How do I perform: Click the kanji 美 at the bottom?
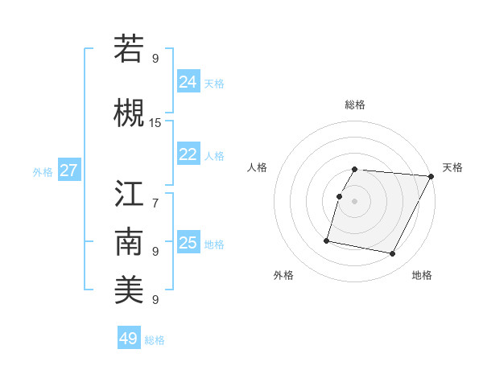[129, 290]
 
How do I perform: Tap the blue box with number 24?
[188, 82]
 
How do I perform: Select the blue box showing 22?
[188, 154]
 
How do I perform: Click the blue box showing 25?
[188, 243]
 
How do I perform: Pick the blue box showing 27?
[69, 171]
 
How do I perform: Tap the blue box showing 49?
[129, 339]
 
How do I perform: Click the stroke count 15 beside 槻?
[155, 122]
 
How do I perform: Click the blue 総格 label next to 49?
[155, 340]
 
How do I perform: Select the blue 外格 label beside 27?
[43, 171]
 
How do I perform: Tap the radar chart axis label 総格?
[355, 105]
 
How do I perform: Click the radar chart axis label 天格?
[452, 167]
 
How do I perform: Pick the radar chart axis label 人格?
[258, 167]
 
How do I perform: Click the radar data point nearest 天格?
[431, 176]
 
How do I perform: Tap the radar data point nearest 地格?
[392, 254]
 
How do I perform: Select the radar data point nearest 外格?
[327, 240]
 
